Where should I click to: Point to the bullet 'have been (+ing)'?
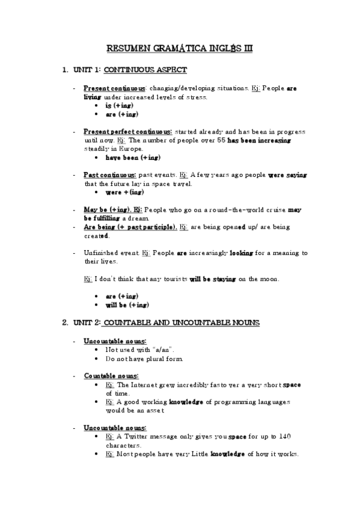tap(133, 158)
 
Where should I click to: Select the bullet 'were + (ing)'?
tap(124, 192)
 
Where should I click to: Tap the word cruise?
tap(275, 210)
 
